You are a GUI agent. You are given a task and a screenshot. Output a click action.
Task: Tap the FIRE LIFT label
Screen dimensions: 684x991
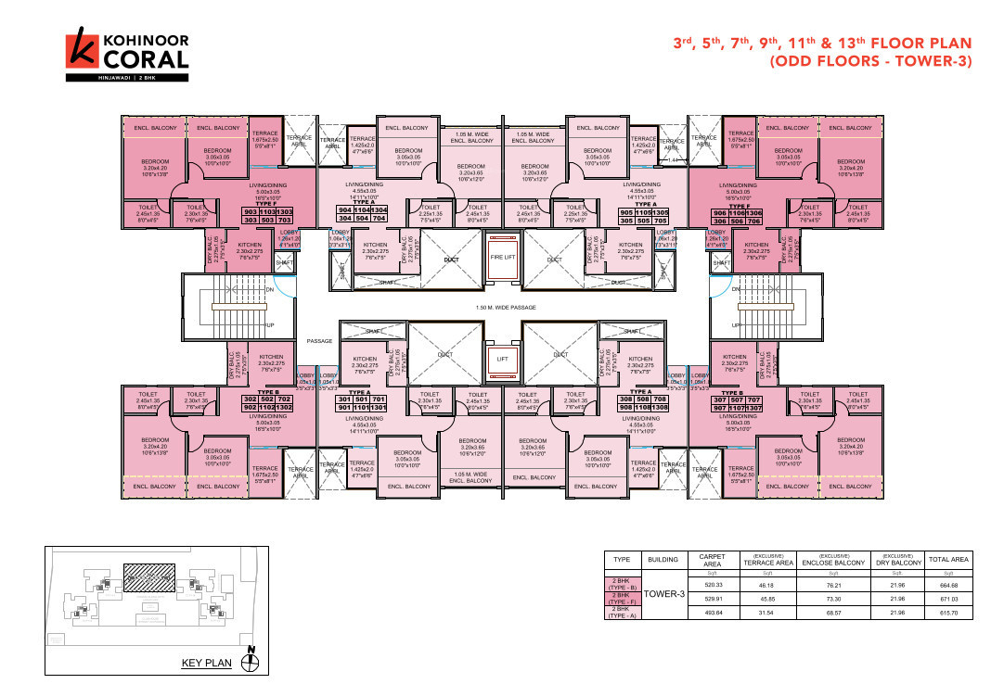pyautogui.click(x=502, y=259)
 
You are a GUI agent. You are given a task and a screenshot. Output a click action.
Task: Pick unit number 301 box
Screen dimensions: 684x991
pyautogui.click(x=345, y=399)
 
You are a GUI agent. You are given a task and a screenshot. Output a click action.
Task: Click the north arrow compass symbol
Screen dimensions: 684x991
pyautogui.click(x=249, y=660)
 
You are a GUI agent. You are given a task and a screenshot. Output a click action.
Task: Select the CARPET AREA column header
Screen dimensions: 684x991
pyautogui.click(x=713, y=560)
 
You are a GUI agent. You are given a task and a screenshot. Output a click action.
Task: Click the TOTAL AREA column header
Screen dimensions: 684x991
pyautogui.click(x=948, y=560)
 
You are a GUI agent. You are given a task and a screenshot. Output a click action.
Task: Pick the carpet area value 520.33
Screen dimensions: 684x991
pyautogui.click(x=713, y=585)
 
